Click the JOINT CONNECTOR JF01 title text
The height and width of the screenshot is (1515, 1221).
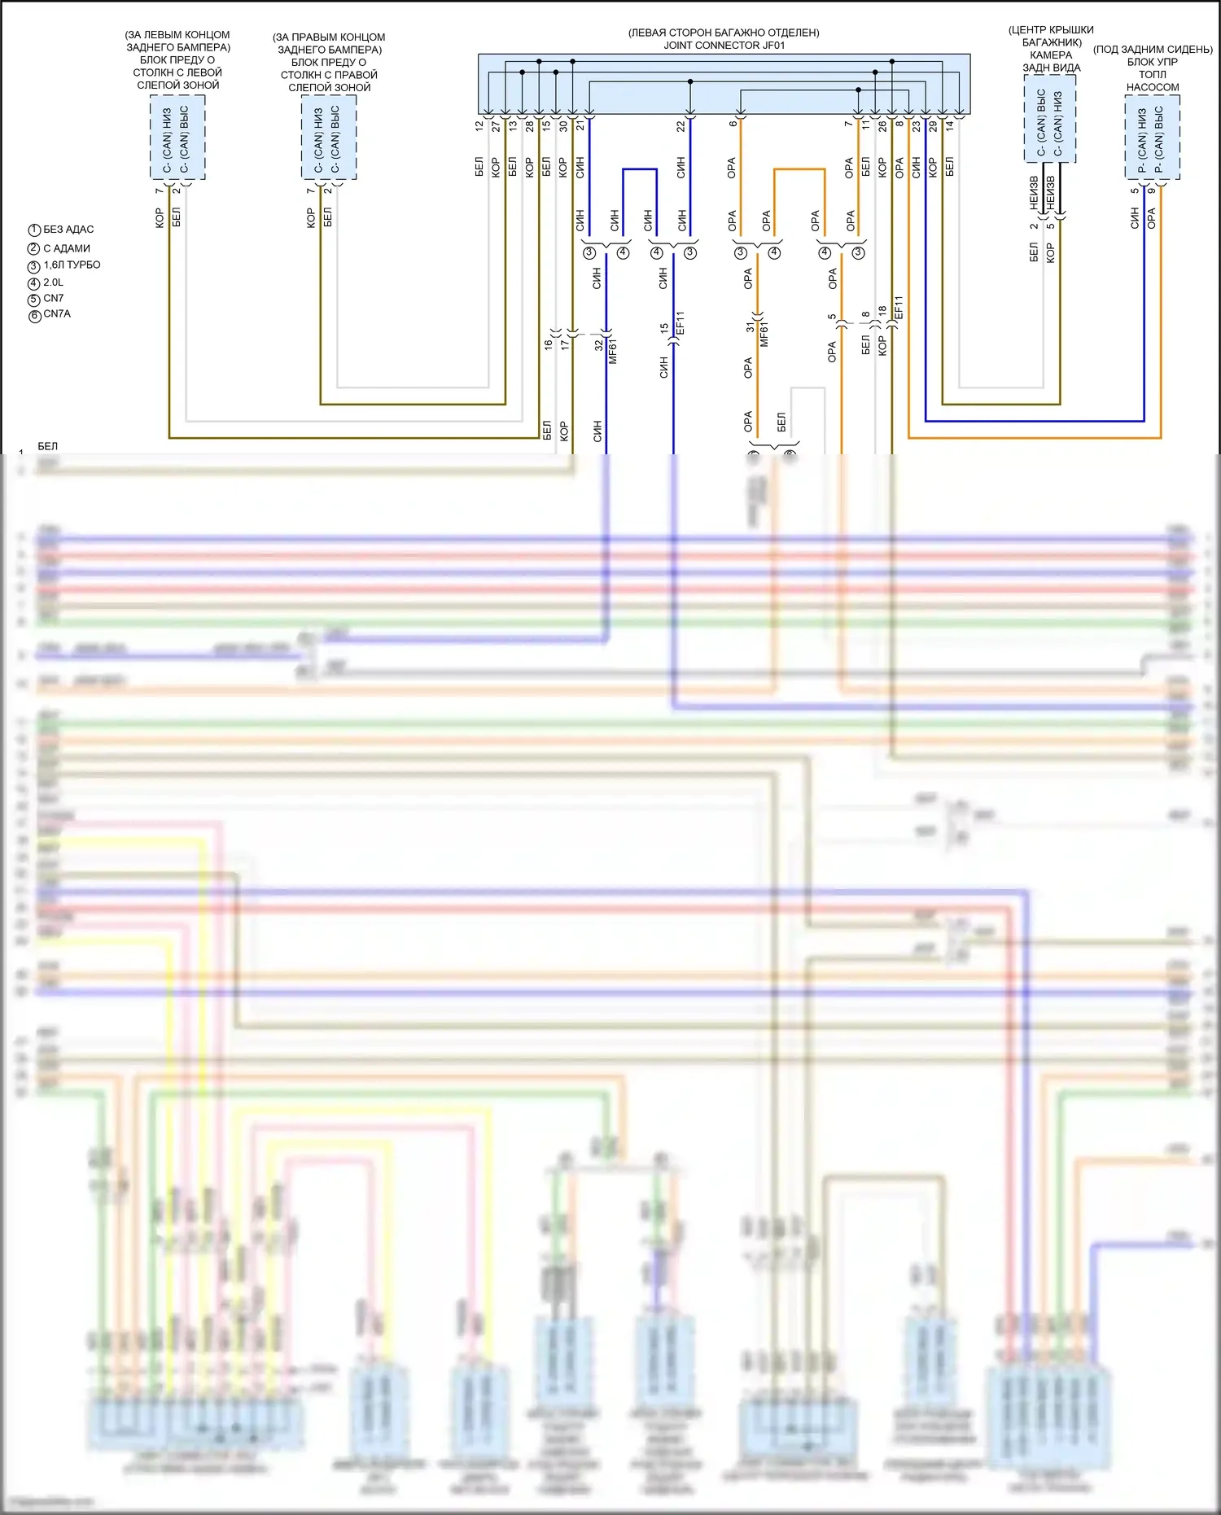pos(724,46)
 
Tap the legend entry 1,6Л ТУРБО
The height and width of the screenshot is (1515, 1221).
pos(72,265)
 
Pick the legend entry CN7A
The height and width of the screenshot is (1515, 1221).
pos(56,314)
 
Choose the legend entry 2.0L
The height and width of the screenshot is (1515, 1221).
pos(53,282)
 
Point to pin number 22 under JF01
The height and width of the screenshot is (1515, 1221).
pos(681,126)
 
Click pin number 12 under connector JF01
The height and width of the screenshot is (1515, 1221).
pos(479,126)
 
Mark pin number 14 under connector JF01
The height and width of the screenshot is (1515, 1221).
pos(949,126)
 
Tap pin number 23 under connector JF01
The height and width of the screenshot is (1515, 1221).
pos(916,126)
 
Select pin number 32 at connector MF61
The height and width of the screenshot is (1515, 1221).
pos(598,345)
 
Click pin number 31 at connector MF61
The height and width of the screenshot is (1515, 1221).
pos(750,327)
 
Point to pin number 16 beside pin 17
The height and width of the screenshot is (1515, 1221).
pos(548,344)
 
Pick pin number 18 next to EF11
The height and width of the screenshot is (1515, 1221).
pos(882,311)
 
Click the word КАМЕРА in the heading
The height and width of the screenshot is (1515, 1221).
pos(1051,55)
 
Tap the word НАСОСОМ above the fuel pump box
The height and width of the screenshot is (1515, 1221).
pos(1153,87)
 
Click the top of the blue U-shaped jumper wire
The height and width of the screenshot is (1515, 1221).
pos(640,169)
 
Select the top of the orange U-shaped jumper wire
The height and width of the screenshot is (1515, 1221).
pos(799,169)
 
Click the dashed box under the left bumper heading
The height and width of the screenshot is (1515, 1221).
pos(177,137)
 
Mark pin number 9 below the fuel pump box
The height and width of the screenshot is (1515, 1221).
pos(1151,191)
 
